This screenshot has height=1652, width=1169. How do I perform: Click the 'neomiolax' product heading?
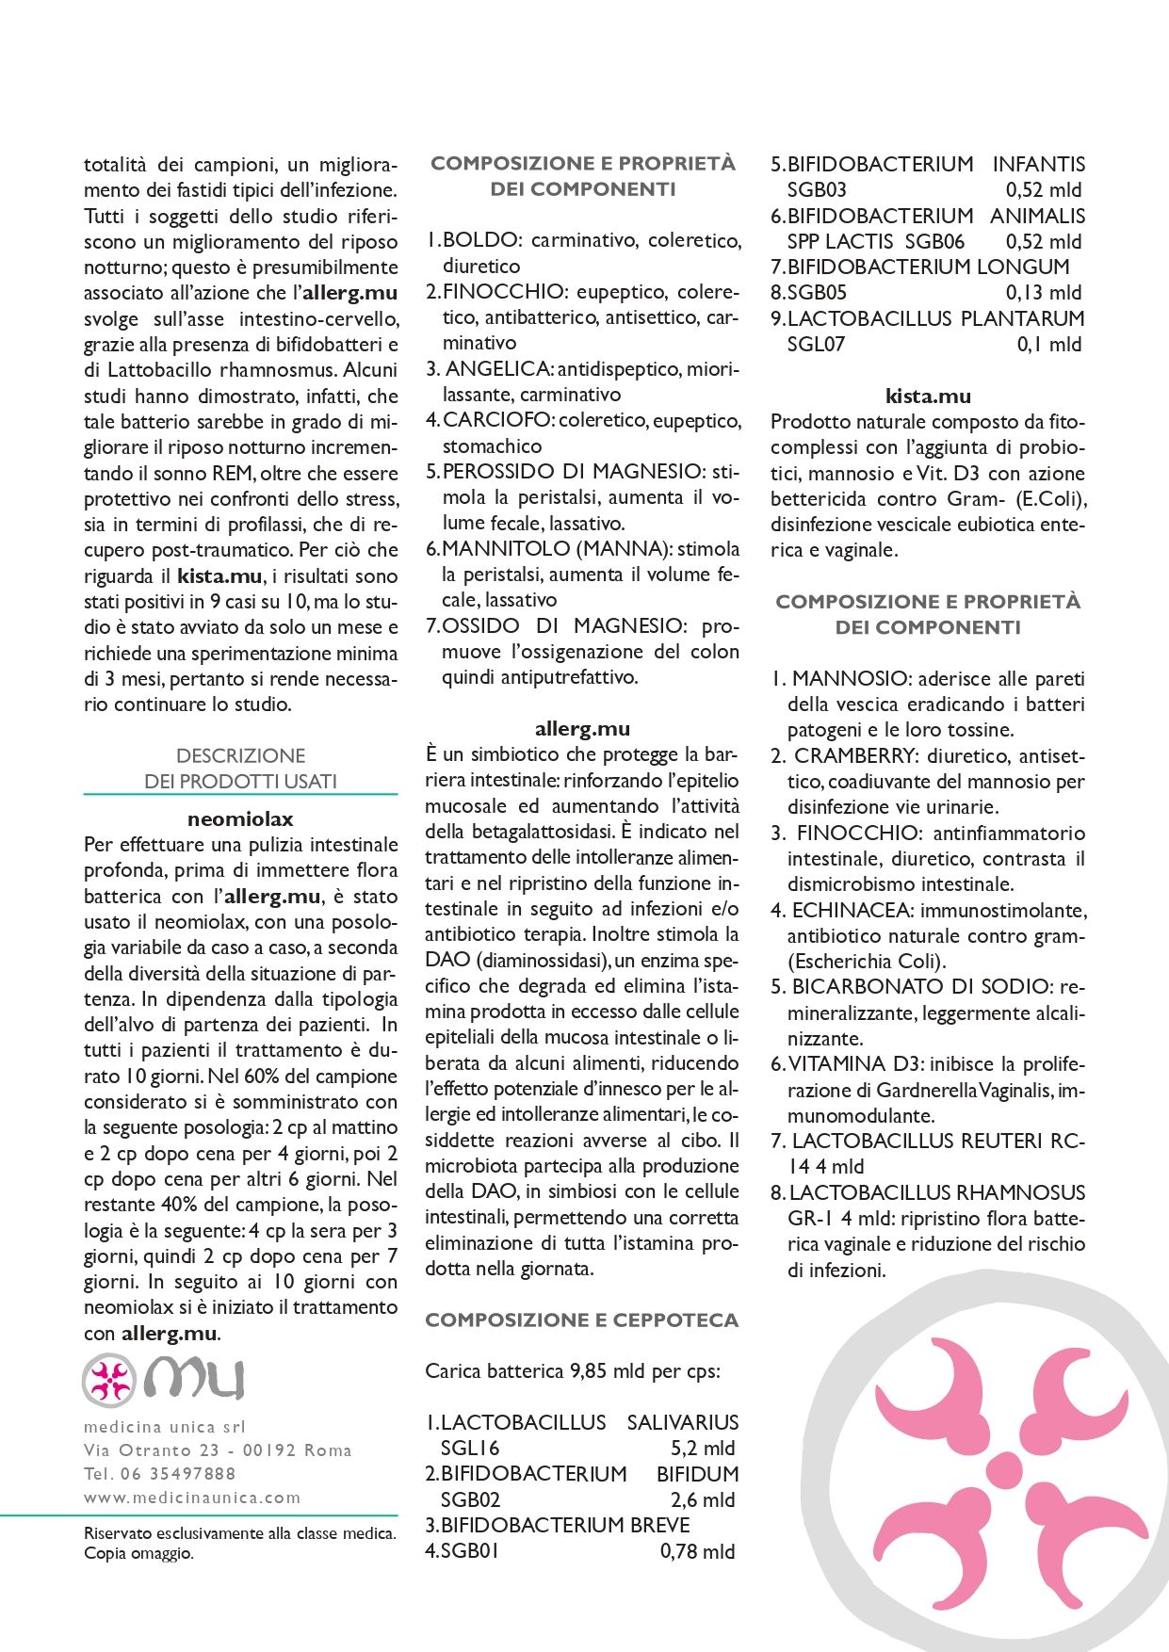click(x=240, y=818)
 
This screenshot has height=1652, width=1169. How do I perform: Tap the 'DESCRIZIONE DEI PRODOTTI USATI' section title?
click(x=240, y=768)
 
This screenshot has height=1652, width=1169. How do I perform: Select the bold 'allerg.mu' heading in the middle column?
click(x=582, y=728)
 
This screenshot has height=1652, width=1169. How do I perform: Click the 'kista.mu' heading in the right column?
click(x=928, y=396)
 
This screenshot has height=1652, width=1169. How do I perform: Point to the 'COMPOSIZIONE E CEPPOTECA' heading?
click(x=582, y=1320)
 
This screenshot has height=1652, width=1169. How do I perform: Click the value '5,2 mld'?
click(x=703, y=1448)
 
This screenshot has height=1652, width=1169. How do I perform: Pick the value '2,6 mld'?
click(x=703, y=1499)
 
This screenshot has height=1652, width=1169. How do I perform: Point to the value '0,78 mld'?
click(x=697, y=1551)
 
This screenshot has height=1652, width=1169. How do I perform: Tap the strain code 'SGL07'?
click(x=816, y=344)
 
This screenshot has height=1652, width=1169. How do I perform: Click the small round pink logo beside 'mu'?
click(x=109, y=1381)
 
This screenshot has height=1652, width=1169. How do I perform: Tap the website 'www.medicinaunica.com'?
click(x=192, y=1497)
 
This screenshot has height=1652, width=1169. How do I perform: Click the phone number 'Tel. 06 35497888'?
click(x=160, y=1473)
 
